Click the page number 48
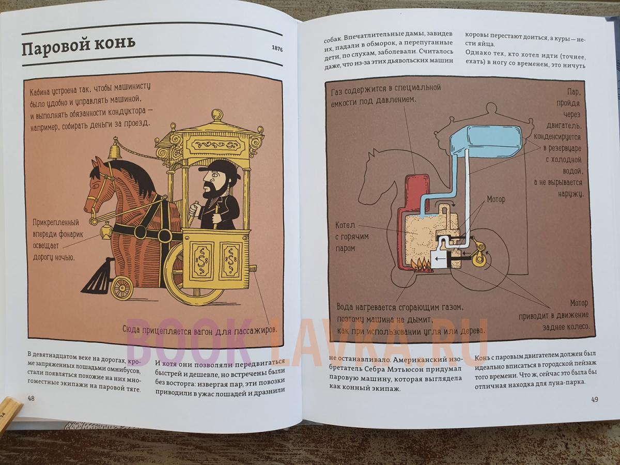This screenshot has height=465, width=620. pyautogui.click(x=31, y=398)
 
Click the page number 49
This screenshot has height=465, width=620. pyautogui.click(x=595, y=399)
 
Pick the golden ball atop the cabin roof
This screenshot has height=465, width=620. pyautogui.click(x=217, y=115)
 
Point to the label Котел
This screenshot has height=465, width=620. pyautogui.click(x=345, y=225)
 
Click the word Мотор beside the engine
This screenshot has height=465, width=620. pyautogui.click(x=496, y=199)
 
